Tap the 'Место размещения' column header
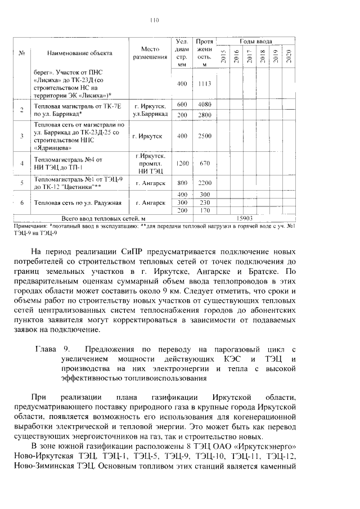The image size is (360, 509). (x=150, y=53)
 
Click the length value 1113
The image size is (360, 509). (x=204, y=84)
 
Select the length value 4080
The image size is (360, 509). (x=204, y=105)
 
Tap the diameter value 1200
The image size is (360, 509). (x=182, y=163)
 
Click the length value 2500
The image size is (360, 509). (x=204, y=136)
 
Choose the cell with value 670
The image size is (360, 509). (x=204, y=163)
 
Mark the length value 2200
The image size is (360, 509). (x=204, y=183)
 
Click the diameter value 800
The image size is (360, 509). (x=182, y=183)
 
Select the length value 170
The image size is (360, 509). (x=204, y=210)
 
